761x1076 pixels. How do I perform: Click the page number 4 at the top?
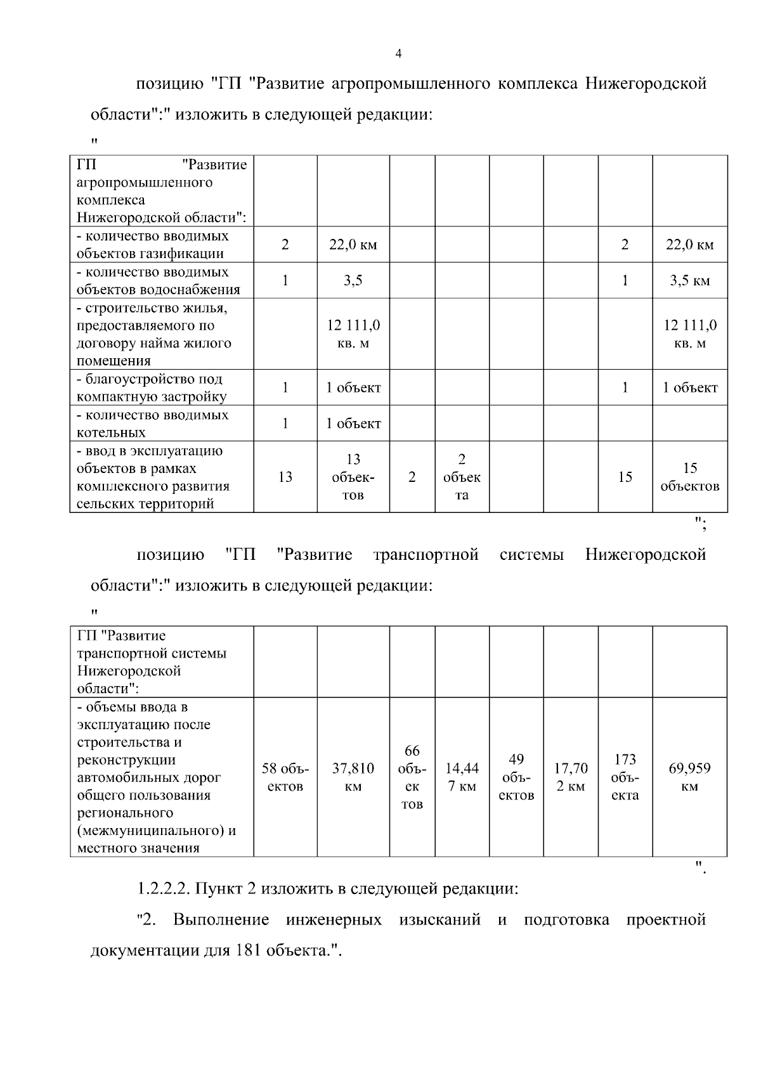click(x=398, y=55)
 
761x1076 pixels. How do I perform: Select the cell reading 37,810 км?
click(x=353, y=777)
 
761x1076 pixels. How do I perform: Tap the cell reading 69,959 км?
click(x=689, y=777)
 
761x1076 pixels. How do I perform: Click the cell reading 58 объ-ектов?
click(x=285, y=777)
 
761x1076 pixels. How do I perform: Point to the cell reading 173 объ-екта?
click(x=625, y=777)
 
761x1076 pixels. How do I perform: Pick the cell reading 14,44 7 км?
click(x=462, y=777)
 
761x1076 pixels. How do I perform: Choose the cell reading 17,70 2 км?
click(x=571, y=777)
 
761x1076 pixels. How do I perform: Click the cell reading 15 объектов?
click(x=689, y=477)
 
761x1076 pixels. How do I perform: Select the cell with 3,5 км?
click(x=689, y=281)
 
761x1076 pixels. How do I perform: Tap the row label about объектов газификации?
click(x=152, y=245)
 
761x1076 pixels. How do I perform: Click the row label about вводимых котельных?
click(x=152, y=424)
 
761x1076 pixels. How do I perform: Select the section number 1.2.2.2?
click(x=164, y=889)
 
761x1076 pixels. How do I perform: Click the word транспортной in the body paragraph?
click(x=426, y=555)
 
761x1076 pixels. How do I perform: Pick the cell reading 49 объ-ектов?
click(x=516, y=777)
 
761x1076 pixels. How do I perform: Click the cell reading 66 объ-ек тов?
click(x=412, y=777)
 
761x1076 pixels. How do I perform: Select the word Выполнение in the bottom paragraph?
click(x=221, y=920)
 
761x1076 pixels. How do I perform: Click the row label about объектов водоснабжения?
click(x=159, y=281)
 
